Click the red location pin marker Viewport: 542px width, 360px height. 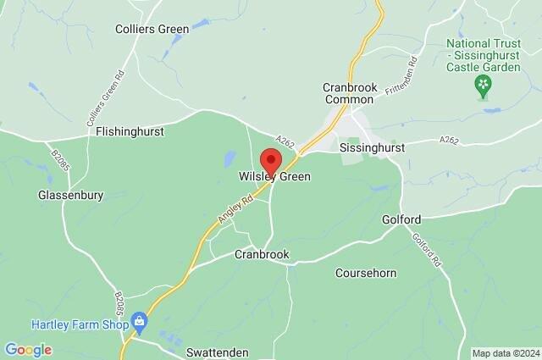(x=271, y=161)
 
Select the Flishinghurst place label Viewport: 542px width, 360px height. (x=130, y=132)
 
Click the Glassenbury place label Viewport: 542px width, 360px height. (x=71, y=195)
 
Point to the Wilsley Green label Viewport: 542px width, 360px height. (x=274, y=177)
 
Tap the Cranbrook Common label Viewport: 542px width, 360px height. (x=348, y=93)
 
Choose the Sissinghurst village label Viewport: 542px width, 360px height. (x=372, y=147)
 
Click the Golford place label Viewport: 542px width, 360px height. (x=401, y=219)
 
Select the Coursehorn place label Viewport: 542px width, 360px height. (x=367, y=273)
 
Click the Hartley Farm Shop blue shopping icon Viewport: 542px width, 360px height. (x=140, y=322)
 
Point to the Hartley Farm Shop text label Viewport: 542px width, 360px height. (x=80, y=324)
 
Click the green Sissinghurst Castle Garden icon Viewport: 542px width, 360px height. (x=484, y=83)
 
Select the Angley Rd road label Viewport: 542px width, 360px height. (x=236, y=208)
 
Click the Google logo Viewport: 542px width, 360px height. (x=28, y=350)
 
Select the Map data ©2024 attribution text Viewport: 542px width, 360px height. (x=505, y=353)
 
